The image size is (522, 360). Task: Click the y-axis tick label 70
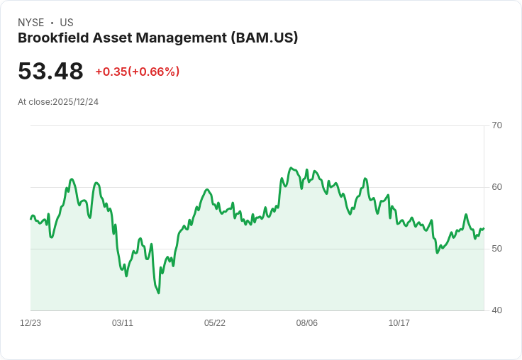(x=496, y=125)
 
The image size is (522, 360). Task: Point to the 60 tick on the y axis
(x=496, y=187)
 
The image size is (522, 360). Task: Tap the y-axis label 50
(x=496, y=249)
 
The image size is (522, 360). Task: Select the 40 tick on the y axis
(x=496, y=310)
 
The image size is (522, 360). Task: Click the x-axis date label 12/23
(x=30, y=323)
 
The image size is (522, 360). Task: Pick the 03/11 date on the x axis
(x=123, y=323)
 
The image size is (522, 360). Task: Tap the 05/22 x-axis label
(x=215, y=323)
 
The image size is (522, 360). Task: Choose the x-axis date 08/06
(x=307, y=323)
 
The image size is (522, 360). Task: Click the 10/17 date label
(x=399, y=323)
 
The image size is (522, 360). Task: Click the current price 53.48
(x=50, y=71)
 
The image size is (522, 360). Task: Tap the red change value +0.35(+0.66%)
(x=137, y=72)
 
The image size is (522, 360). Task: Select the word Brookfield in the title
(x=50, y=38)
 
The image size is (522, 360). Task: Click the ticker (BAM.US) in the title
(x=264, y=38)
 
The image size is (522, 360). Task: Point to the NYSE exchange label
(x=30, y=23)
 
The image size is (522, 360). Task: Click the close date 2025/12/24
(x=75, y=102)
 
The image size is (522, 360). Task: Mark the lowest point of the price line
(x=158, y=293)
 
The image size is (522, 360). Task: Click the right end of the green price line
(x=484, y=228)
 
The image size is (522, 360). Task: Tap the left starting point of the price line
(x=30, y=218)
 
